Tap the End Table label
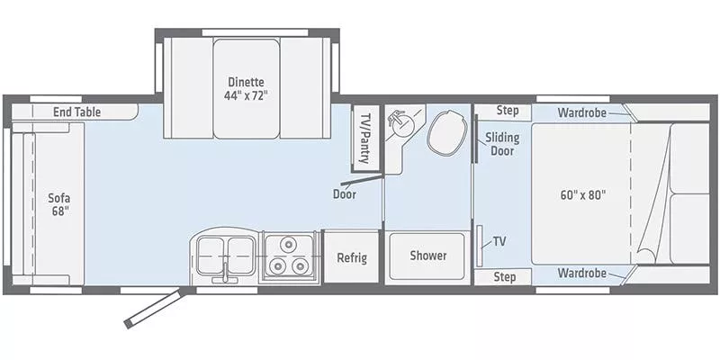[x=76, y=112]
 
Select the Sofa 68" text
[x=58, y=205]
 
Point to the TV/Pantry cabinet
[x=366, y=137]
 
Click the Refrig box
[x=351, y=257]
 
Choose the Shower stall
[x=427, y=256]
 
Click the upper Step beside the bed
[x=507, y=111]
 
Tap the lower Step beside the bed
[x=505, y=277]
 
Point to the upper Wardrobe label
[x=580, y=112]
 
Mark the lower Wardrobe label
[x=580, y=273]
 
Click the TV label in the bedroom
[x=499, y=243]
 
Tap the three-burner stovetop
[x=289, y=255]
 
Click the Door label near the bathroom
[x=344, y=193]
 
